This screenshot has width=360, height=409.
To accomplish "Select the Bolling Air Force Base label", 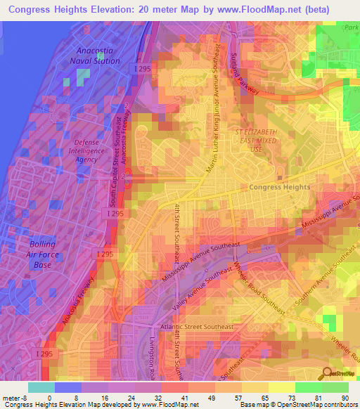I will tap(43, 254).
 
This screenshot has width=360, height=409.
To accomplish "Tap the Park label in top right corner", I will tap(350, 27).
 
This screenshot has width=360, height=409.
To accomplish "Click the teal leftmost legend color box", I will tap(41, 387).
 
